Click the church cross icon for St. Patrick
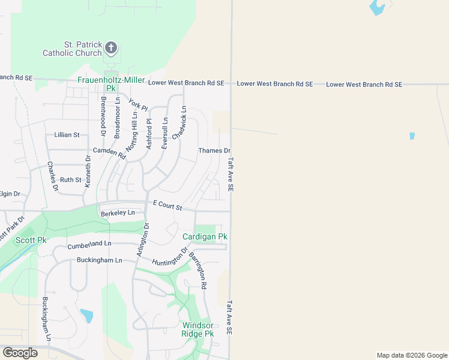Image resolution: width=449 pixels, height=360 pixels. [x=111, y=48]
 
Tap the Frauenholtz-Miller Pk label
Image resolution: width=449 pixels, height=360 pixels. [x=112, y=83]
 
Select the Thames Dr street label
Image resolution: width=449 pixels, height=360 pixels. [x=214, y=151]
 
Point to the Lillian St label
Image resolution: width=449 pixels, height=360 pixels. [x=67, y=135]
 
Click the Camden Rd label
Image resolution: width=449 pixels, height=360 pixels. [x=109, y=152]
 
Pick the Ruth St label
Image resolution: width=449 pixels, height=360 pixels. [x=70, y=179]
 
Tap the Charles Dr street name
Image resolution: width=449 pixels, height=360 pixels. [x=52, y=176]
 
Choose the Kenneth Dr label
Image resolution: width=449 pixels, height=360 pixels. [x=88, y=172]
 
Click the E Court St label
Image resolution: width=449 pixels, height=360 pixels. [x=167, y=206]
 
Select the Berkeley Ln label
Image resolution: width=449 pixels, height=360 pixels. [x=118, y=213]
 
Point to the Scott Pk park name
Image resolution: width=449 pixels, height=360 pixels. [x=31, y=240]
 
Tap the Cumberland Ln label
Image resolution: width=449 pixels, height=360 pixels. [x=89, y=244]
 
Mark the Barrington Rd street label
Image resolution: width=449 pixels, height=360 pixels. [x=197, y=270]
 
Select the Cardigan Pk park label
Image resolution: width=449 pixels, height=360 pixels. [x=205, y=237]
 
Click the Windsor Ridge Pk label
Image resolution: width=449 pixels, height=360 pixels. [x=197, y=329]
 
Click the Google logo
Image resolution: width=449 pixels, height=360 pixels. [x=20, y=353]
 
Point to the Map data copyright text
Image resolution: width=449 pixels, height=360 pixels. [x=412, y=355]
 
